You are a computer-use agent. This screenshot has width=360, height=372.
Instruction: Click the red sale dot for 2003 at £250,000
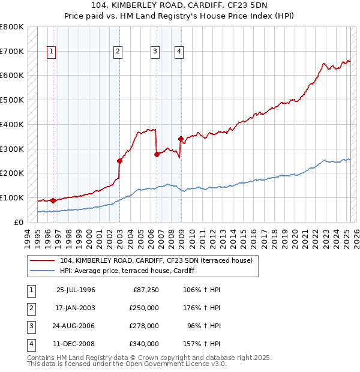coord(119,161)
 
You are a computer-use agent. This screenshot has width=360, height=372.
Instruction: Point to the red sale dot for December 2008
coord(181,139)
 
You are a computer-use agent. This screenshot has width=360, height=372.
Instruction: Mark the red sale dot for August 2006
coord(157,154)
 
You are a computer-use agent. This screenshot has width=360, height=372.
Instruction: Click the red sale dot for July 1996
coord(53,200)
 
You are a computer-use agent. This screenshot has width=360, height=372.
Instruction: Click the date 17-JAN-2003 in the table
coord(76,308)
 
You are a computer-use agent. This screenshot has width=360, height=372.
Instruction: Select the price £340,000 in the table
coord(144,344)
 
